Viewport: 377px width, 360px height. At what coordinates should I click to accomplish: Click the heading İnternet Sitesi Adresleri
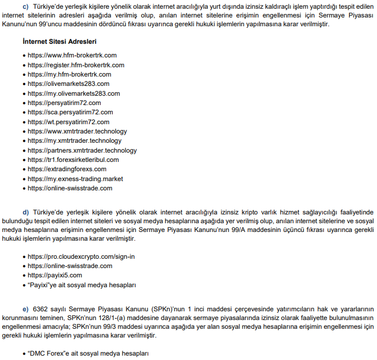coord(60,42)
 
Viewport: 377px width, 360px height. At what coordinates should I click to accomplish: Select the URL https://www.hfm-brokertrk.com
coord(72,55)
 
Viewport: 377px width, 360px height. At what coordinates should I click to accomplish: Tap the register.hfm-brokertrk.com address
coord(76,65)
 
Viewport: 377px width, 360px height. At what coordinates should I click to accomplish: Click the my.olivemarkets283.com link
coord(73,94)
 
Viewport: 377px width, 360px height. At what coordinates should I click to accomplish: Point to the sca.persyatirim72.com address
coord(70,112)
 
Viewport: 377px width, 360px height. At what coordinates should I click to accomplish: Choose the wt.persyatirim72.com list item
coord(68,122)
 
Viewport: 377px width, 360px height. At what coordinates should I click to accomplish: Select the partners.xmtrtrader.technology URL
coord(82,150)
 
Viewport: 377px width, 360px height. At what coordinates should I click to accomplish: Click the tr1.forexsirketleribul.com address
coord(73,160)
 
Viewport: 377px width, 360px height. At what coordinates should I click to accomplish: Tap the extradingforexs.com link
coord(67,170)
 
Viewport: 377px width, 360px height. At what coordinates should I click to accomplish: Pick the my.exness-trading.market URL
coord(75,179)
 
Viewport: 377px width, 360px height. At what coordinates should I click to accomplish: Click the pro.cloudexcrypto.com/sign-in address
coord(81,257)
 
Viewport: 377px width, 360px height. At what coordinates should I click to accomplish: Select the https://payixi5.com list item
coord(55,275)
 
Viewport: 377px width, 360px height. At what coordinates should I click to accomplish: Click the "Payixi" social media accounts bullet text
coord(82,285)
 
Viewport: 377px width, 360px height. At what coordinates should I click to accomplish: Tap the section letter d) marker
coord(25,212)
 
